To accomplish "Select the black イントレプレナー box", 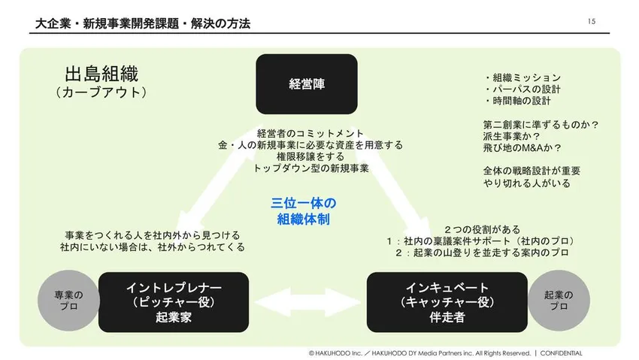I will (x=173, y=301).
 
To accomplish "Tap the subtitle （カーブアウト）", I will (x=101, y=93).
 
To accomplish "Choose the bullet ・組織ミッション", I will (x=522, y=77).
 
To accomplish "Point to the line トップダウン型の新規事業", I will (x=311, y=168).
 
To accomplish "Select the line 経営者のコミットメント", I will (x=310, y=133).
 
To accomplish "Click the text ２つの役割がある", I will (x=482, y=228).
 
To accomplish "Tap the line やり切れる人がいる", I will (x=527, y=183).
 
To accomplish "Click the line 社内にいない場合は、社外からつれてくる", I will (x=153, y=247).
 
